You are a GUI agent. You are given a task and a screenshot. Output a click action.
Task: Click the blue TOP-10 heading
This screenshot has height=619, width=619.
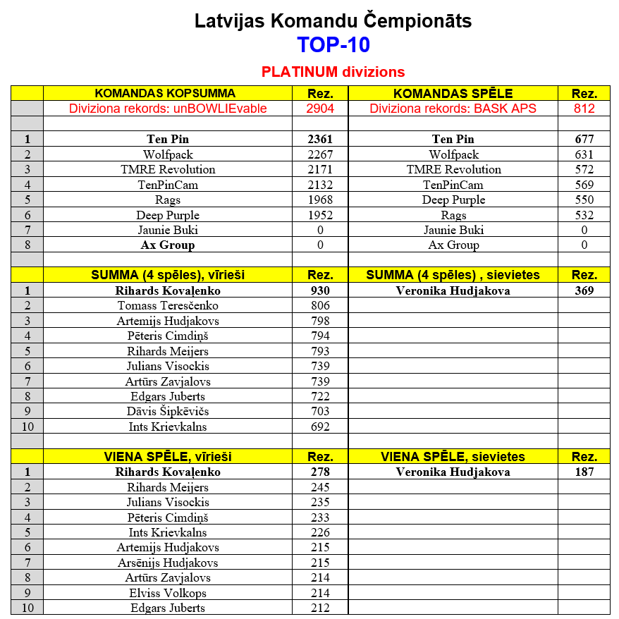[x=333, y=45]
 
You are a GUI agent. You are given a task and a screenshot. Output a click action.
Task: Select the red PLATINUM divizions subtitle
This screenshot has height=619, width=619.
[x=333, y=72]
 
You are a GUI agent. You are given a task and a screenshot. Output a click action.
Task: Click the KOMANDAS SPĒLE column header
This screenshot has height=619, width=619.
[x=453, y=93]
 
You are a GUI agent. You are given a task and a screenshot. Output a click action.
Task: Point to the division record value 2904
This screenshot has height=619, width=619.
[x=320, y=109]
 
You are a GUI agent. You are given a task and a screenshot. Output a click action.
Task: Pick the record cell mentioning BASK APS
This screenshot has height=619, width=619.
[x=453, y=109]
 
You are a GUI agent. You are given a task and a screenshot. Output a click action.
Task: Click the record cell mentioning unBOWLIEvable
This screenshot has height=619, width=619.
[x=168, y=109]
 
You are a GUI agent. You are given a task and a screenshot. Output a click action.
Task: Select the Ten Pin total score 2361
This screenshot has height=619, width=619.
[x=320, y=139]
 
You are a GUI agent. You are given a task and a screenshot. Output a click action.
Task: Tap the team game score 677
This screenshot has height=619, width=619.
[x=584, y=139]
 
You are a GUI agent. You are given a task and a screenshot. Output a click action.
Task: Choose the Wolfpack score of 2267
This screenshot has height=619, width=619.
[x=320, y=154]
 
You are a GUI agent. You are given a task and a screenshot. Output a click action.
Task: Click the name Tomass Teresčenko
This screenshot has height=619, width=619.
[x=168, y=305]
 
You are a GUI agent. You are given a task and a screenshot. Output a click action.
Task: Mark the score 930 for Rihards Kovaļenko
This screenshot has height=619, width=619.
[x=320, y=290]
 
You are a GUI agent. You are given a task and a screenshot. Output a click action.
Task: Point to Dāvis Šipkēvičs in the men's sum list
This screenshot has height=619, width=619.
[x=168, y=411]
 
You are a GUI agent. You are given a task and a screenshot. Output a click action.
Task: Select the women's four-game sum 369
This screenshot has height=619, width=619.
[x=584, y=290]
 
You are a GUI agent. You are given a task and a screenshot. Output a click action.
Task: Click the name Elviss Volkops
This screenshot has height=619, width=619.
[x=168, y=593]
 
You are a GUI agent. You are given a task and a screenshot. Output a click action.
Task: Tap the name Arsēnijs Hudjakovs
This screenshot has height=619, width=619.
[x=168, y=563]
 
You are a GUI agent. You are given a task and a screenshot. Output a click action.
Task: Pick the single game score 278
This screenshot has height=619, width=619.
[x=320, y=472]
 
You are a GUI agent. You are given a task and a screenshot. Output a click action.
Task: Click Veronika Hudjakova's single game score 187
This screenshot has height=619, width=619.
[x=584, y=472]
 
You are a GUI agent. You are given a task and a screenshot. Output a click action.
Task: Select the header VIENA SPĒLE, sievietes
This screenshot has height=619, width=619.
[x=453, y=457]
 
